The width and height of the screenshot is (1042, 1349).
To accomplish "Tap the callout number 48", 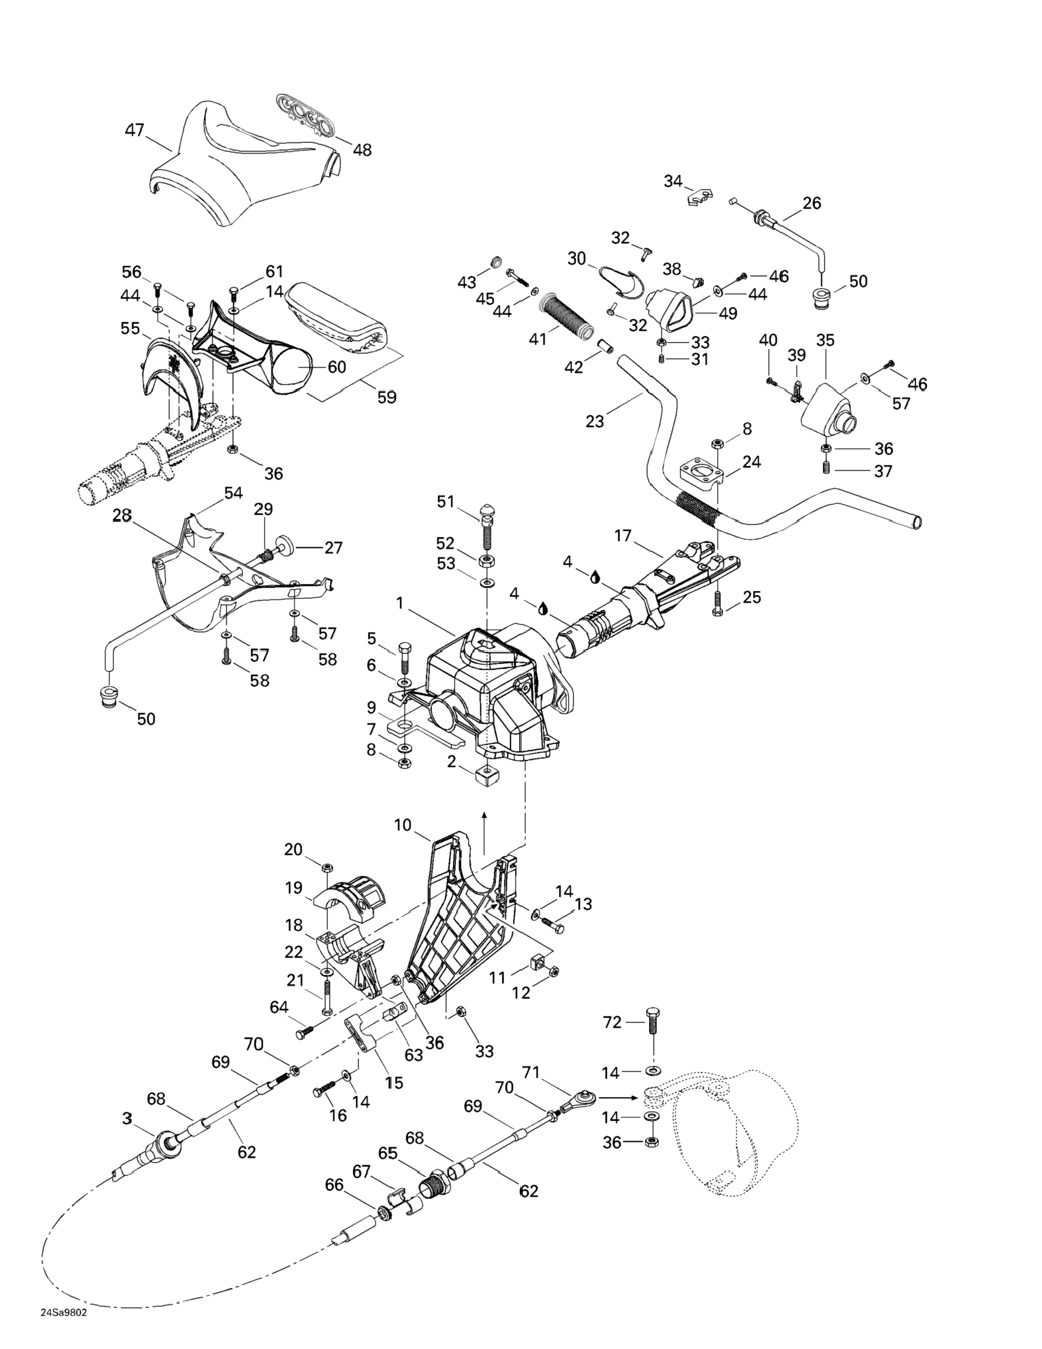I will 362,150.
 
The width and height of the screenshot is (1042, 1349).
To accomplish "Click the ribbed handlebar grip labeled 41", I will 565,314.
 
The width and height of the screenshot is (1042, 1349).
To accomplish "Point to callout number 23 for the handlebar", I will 595,421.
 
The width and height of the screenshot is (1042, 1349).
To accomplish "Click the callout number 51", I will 446,502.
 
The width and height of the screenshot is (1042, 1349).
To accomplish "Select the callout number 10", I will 402,825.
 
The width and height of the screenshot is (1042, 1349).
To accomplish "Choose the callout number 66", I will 335,1185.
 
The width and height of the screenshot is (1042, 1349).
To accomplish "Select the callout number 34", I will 673,181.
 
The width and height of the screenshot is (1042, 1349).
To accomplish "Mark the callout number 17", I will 623,535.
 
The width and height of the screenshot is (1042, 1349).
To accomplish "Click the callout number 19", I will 294,888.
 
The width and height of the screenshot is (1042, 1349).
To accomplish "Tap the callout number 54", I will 233,493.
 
